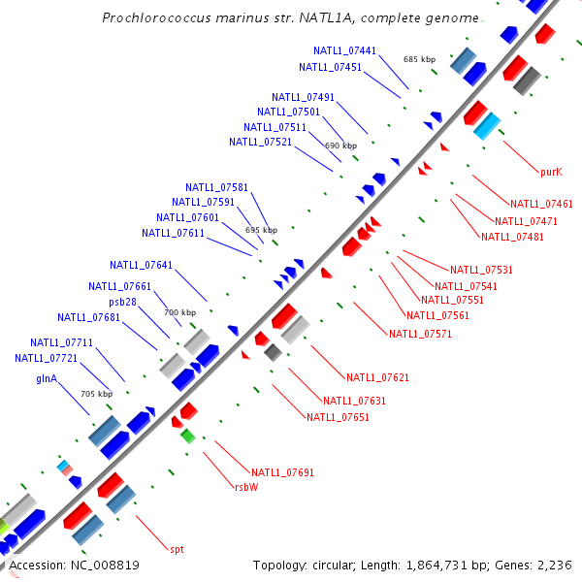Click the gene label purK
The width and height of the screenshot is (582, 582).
(551, 172)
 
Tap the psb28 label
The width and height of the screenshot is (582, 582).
(122, 302)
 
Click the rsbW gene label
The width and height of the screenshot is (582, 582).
(246, 488)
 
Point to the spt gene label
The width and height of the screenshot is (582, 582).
(177, 549)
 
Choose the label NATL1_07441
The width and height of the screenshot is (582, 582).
(345, 50)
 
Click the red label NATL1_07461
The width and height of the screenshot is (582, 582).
(541, 204)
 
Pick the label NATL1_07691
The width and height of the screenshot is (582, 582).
(282, 472)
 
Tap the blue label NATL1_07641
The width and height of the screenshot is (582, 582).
(142, 265)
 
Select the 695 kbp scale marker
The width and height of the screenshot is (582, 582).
(261, 230)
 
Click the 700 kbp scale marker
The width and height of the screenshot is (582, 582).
(179, 312)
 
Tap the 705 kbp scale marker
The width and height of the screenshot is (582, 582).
(96, 394)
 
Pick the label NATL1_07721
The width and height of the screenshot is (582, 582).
(47, 358)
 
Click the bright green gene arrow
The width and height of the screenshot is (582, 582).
(188, 436)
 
